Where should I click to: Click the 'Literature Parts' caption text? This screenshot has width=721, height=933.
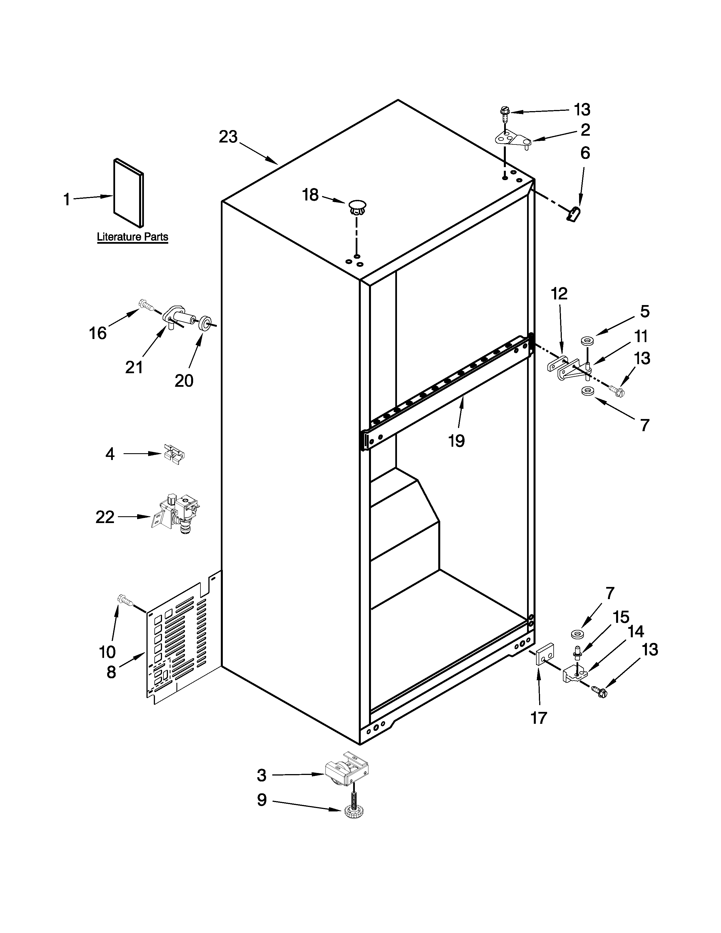click(132, 237)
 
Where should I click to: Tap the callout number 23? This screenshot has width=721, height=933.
click(228, 137)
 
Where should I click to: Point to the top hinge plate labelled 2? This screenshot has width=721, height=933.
click(512, 139)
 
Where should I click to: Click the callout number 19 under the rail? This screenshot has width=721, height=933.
click(456, 440)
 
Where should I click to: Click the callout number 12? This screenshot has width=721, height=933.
click(559, 294)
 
